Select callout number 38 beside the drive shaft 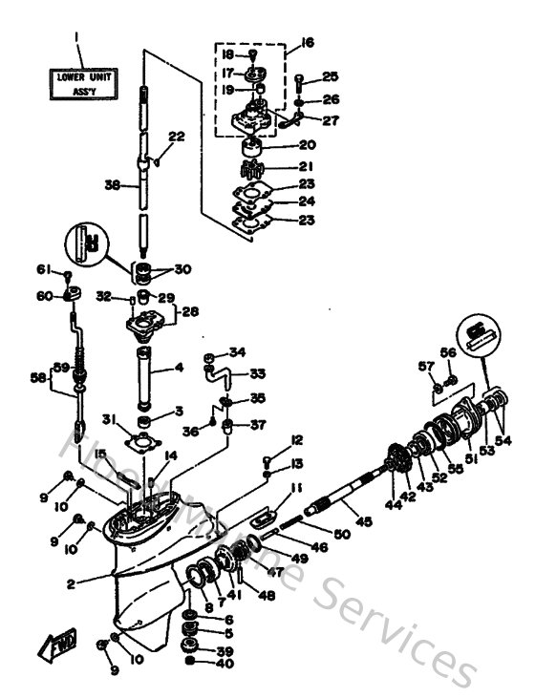tap(112, 187)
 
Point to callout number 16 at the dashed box tap(306, 43)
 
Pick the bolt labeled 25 tap(299, 80)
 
